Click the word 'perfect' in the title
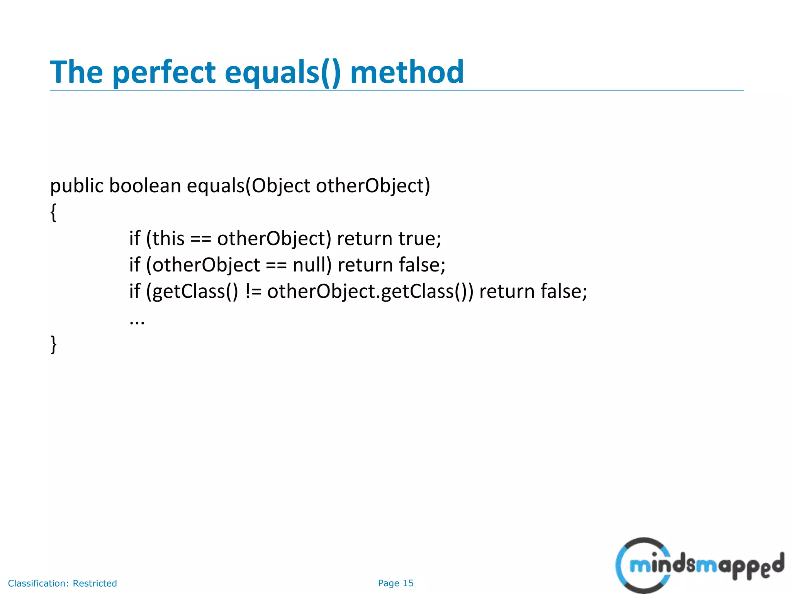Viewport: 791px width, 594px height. click(x=165, y=72)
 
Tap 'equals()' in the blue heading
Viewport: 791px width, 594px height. click(x=283, y=72)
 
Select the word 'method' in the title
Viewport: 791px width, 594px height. click(x=407, y=72)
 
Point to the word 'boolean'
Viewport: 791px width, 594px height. click(x=145, y=186)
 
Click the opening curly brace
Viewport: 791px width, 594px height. click(x=54, y=212)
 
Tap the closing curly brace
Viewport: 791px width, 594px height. click(x=54, y=344)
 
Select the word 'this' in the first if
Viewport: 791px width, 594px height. click(x=168, y=238)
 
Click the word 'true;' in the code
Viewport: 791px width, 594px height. click(x=420, y=238)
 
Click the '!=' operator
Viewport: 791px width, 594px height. click(x=253, y=291)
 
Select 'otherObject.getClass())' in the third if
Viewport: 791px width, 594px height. click(x=370, y=291)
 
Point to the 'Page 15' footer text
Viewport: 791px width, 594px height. click(x=395, y=583)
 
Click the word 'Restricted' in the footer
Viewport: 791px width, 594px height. click(x=95, y=583)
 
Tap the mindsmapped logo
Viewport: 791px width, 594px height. click(x=699, y=565)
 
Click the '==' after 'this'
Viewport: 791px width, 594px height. click(x=201, y=239)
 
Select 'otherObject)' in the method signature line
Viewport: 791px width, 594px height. click(x=373, y=186)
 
